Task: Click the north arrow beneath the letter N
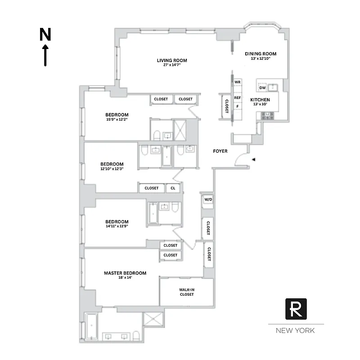click(x=45, y=55)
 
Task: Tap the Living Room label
click(x=172, y=60)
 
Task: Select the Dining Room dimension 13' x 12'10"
click(x=261, y=58)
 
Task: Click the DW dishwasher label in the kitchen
click(x=262, y=88)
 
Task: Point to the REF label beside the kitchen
click(x=238, y=98)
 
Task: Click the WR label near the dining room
click(x=238, y=82)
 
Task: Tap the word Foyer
click(x=220, y=151)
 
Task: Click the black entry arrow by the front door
click(x=254, y=159)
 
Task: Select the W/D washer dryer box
click(x=208, y=199)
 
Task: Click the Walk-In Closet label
click(x=186, y=292)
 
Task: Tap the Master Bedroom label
click(x=125, y=273)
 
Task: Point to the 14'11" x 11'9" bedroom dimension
click(x=117, y=226)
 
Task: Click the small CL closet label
click(x=173, y=188)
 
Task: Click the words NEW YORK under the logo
click(x=296, y=331)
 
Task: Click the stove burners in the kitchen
click(x=268, y=115)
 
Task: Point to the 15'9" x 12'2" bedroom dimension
click(x=117, y=120)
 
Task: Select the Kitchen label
click(x=260, y=99)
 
